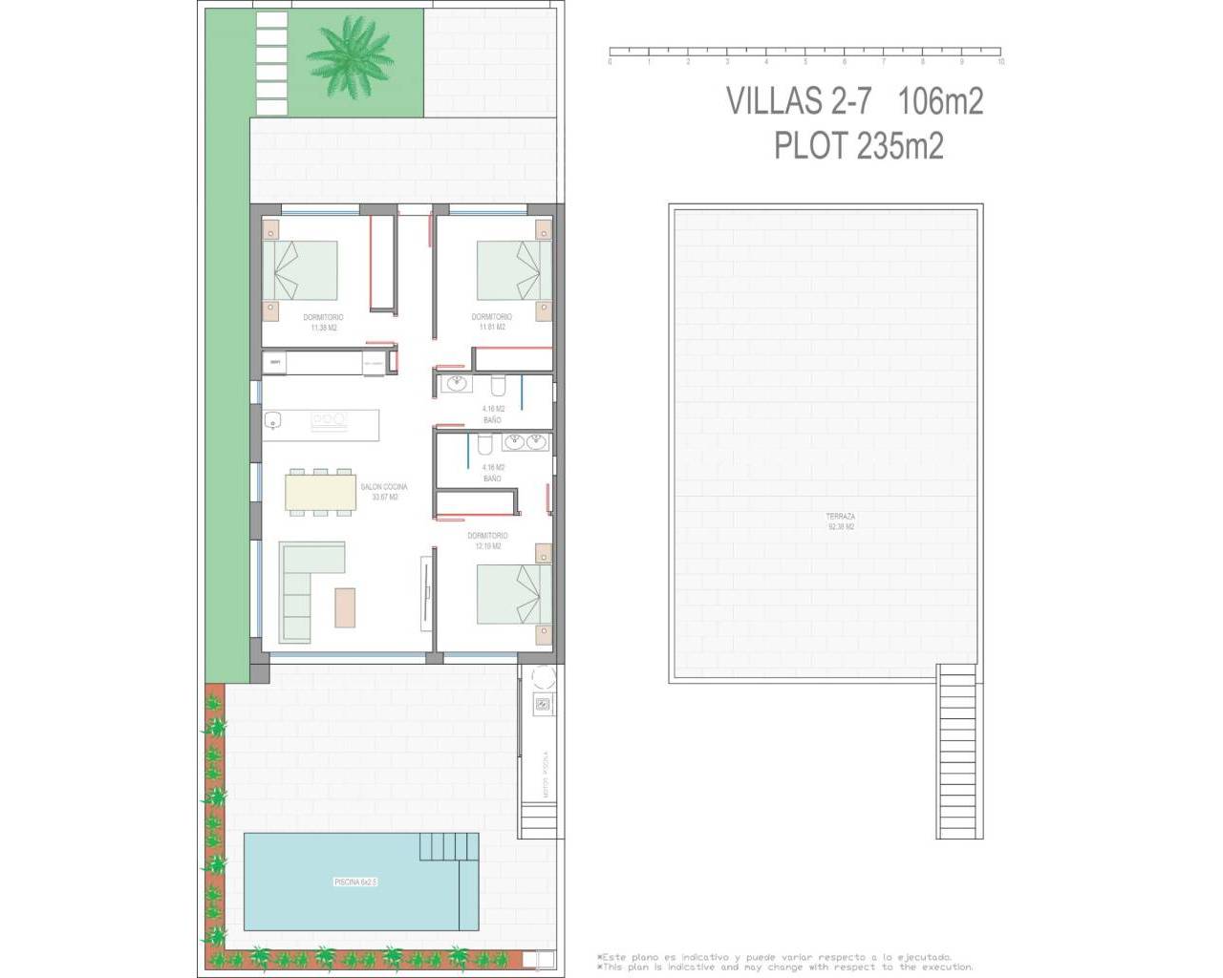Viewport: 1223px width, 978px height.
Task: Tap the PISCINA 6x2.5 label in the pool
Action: tap(355, 882)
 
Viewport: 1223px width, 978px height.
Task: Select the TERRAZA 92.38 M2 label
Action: tap(840, 521)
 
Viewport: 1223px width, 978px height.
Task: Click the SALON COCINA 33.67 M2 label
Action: tap(383, 492)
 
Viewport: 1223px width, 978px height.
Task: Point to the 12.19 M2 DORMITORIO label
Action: tap(487, 541)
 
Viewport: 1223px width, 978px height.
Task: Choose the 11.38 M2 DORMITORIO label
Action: tap(323, 322)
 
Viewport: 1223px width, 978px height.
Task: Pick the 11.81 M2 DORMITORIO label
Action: tap(491, 322)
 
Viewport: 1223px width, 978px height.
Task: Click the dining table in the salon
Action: tap(319, 492)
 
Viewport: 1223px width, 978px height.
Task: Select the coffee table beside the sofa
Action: tap(345, 606)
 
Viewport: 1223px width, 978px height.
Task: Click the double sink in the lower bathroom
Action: tap(526, 442)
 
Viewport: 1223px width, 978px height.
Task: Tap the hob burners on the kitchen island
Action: tap(328, 418)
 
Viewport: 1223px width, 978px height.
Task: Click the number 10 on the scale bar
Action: tap(1000, 62)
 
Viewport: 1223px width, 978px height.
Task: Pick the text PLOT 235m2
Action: tap(858, 145)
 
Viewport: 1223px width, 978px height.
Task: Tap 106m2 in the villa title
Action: tap(939, 100)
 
